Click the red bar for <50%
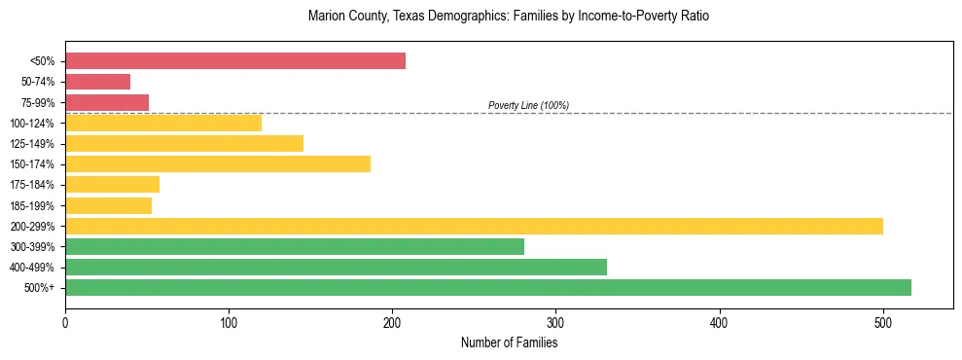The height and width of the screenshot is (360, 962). [235, 61]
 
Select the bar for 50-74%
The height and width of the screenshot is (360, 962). [97, 82]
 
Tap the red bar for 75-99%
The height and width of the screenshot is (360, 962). [107, 102]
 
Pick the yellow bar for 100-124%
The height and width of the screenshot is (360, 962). [163, 123]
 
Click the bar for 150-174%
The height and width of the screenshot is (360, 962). [218, 163]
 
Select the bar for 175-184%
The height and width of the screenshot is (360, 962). [112, 184]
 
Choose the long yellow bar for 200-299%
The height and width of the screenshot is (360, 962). [474, 226]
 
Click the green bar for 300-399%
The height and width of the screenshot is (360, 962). [295, 246]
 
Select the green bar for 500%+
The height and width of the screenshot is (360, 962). [488, 287]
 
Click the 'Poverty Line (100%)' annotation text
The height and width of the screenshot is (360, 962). [528, 105]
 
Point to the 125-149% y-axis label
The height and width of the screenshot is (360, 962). [33, 144]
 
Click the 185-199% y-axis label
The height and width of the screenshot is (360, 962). [33, 205]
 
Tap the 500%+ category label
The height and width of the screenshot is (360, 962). [40, 288]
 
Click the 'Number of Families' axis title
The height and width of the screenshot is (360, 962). [509, 342]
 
